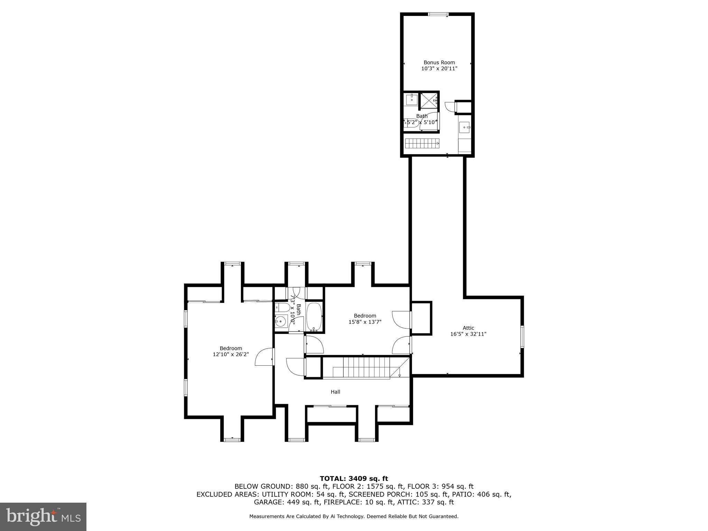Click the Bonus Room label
pyautogui.click(x=439, y=63)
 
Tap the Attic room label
pyautogui.click(x=468, y=328)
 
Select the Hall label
pyautogui.click(x=335, y=392)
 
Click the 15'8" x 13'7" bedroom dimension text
pyautogui.click(x=365, y=322)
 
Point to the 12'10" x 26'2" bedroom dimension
pyautogui.click(x=231, y=354)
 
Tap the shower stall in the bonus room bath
pyautogui.click(x=429, y=101)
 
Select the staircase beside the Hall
pyautogui.click(x=366, y=368)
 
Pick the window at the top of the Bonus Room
pyautogui.click(x=438, y=14)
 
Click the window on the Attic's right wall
pyautogui.click(x=522, y=336)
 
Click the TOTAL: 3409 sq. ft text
pyautogui.click(x=354, y=479)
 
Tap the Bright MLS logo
pyautogui.click(x=43, y=516)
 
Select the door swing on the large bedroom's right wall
pyautogui.click(x=265, y=357)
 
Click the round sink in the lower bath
pyautogui.click(x=281, y=322)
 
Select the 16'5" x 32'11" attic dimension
pyautogui.click(x=468, y=334)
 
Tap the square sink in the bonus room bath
pyautogui.click(x=411, y=100)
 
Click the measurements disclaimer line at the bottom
pyautogui.click(x=354, y=516)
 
